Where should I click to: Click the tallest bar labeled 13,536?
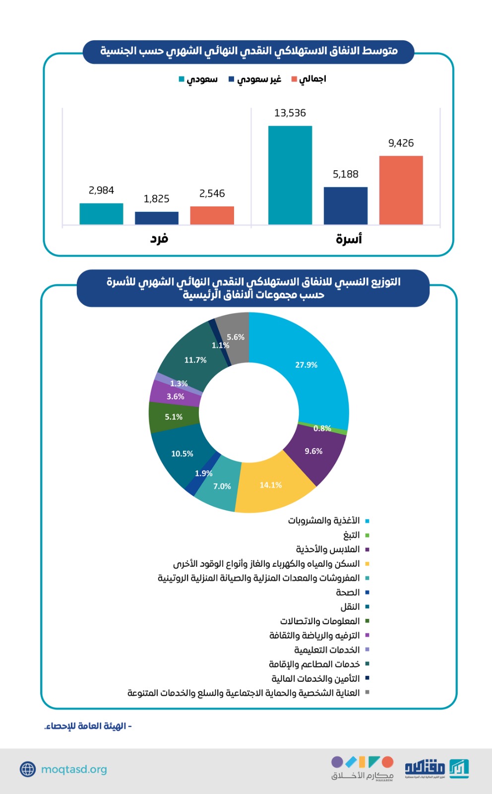290,175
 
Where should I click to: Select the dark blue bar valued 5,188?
346,205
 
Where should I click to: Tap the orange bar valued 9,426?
401,190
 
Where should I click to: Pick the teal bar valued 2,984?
101,214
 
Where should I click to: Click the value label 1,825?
156,199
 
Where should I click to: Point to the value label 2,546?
212,194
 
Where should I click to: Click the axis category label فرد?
159,239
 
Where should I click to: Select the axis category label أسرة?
349,239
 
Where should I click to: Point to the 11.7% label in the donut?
195,360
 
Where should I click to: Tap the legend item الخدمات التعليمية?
327,650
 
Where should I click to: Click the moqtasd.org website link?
74,769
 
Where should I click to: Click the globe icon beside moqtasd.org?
28,769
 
